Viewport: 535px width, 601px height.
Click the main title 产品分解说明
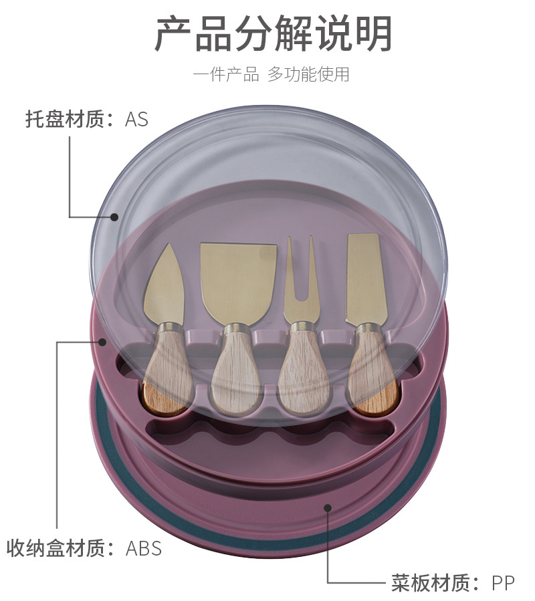pos(273,33)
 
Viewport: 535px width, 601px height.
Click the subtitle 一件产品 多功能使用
pos(271,74)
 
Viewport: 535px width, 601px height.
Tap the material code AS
pos(136,120)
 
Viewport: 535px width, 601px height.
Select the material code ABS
pos(144,548)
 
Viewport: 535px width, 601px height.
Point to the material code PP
pos(503,583)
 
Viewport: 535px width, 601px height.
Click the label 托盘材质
pos(66,120)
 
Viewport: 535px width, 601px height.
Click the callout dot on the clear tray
pos(114,217)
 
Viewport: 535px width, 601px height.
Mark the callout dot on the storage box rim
pos(102,342)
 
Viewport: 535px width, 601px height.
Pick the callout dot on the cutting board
pos(328,507)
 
